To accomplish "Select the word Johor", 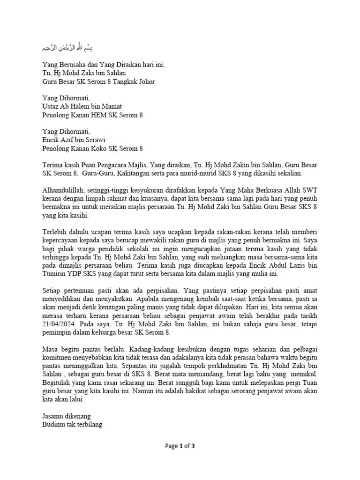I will (146, 82).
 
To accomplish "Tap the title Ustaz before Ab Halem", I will (52, 107).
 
